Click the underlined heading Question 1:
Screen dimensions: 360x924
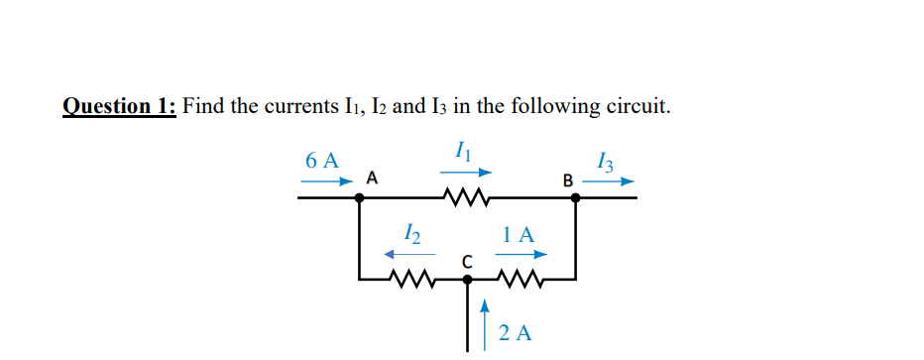click(x=119, y=106)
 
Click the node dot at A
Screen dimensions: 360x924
click(x=359, y=197)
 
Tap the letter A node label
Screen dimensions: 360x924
click(x=372, y=179)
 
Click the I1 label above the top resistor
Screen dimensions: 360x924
click(x=461, y=151)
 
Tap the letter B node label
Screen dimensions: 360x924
click(x=567, y=180)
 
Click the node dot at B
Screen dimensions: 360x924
click(x=575, y=197)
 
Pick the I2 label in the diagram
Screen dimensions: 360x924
click(x=413, y=234)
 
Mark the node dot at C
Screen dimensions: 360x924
click(x=468, y=281)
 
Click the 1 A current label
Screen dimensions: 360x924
click(x=519, y=235)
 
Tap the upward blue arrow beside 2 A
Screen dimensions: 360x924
click(x=485, y=317)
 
